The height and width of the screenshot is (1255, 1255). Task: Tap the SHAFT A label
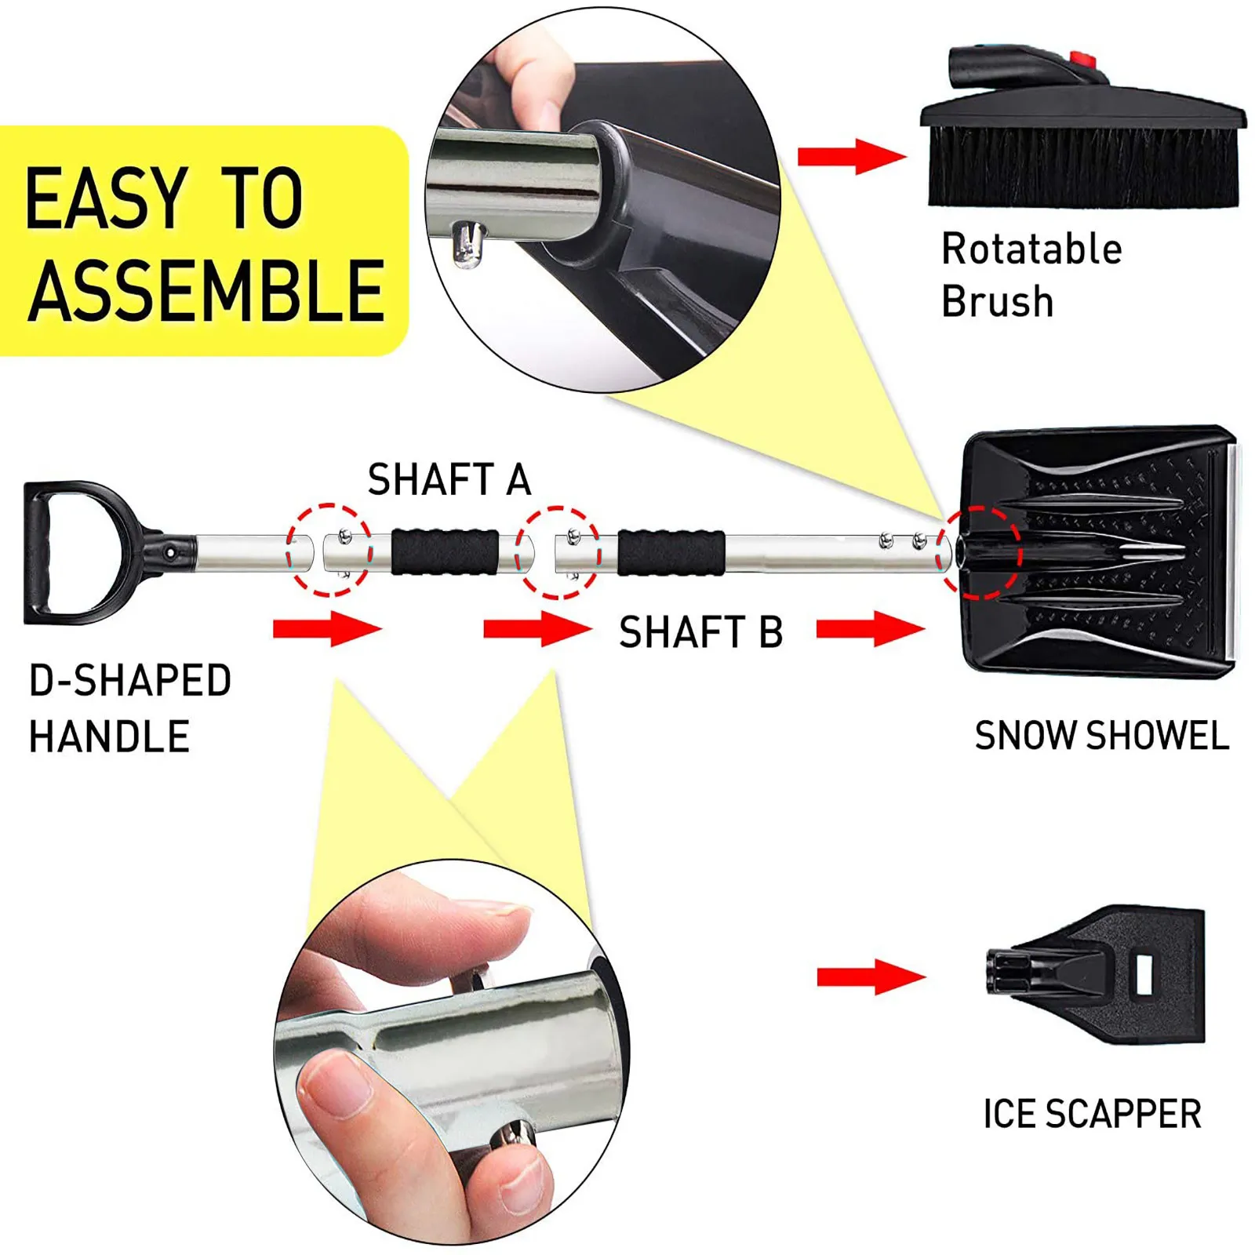coord(449,479)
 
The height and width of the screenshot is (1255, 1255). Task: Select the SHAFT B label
coord(700,632)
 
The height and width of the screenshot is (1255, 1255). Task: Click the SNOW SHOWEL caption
coord(1101,736)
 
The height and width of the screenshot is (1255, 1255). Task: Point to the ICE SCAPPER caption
coord(1092,1114)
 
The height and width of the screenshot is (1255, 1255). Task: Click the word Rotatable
coord(1031,249)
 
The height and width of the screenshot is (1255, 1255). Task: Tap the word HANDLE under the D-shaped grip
coord(109,737)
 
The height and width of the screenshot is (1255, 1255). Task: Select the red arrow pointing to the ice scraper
coord(871,977)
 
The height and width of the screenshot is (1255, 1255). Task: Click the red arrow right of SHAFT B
coord(871,629)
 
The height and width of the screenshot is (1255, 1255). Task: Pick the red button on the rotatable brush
coord(1082,59)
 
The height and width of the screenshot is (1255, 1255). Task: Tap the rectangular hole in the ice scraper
coord(1144,973)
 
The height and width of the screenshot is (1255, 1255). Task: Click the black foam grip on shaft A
coord(445,552)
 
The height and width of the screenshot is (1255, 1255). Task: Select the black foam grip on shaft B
coord(671,552)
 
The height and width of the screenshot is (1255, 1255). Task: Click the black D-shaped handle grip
coord(39,553)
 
